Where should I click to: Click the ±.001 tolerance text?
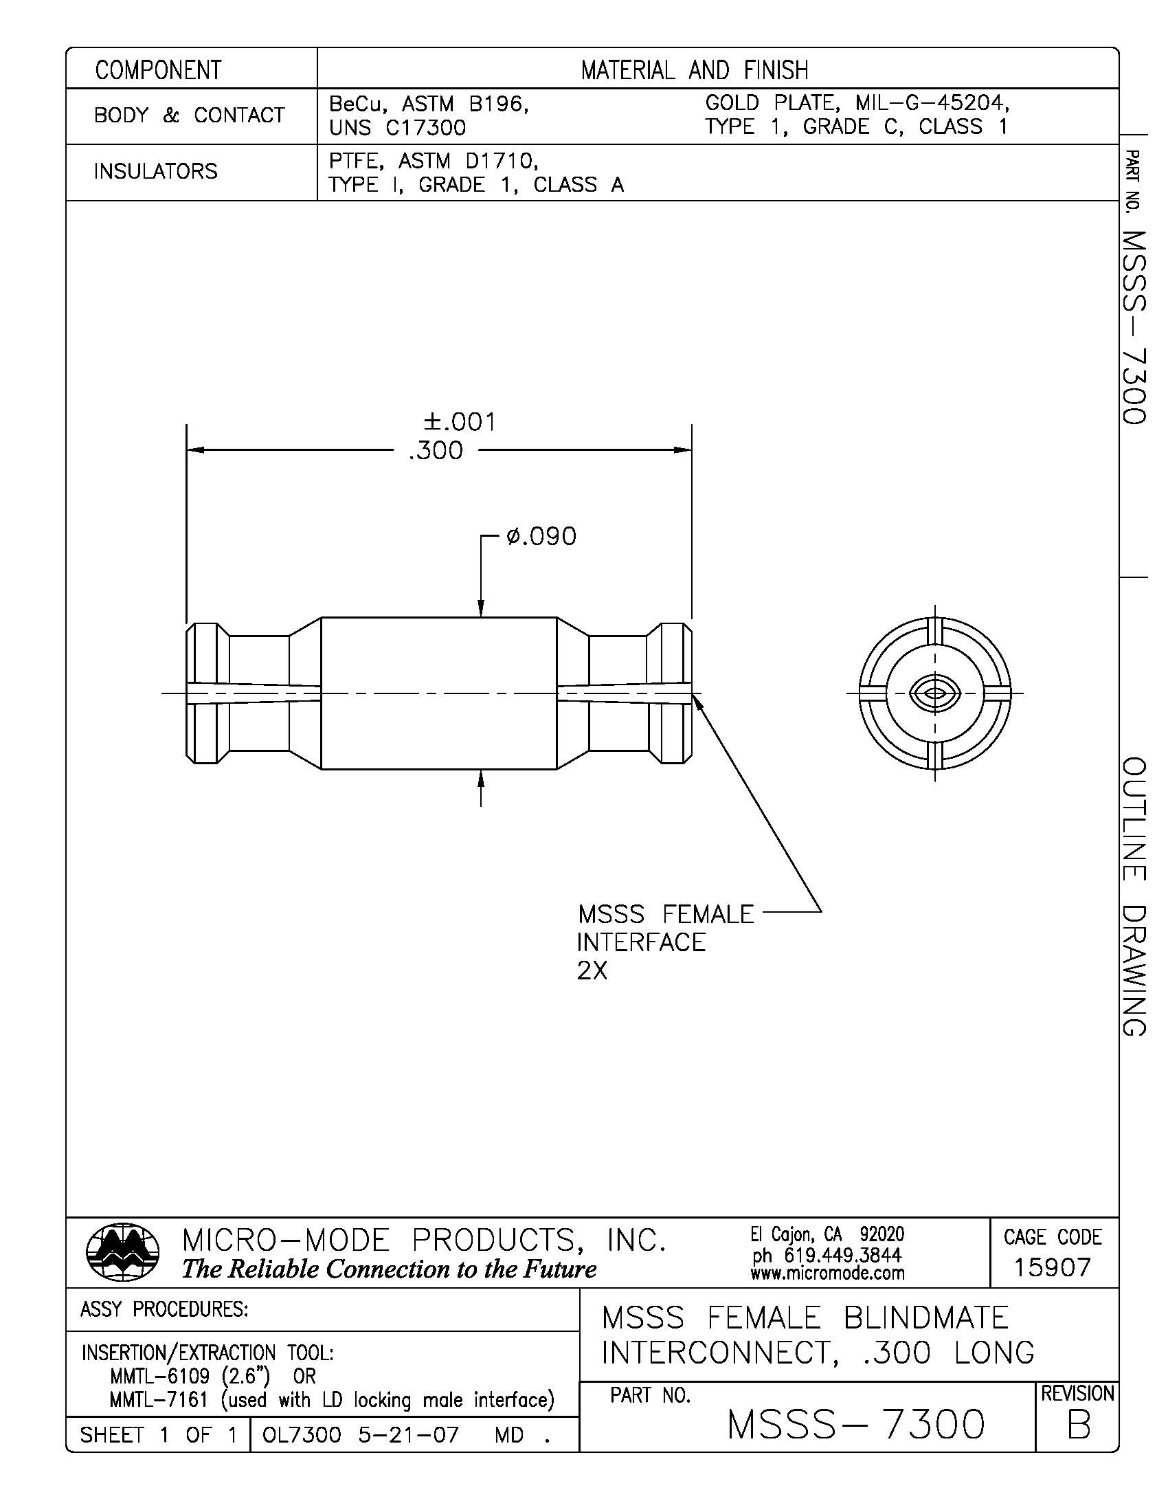460,422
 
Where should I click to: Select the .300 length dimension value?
435,452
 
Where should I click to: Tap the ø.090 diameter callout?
541,537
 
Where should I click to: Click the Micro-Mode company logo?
122,1251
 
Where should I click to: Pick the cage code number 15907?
1052,1267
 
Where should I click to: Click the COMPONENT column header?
159,70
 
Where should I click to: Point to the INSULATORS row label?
156,171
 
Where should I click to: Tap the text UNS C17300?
397,128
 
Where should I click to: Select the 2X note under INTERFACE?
592,972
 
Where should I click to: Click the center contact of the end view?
935,693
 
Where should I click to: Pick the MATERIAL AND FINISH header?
694,70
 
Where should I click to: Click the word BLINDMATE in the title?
925,1318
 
